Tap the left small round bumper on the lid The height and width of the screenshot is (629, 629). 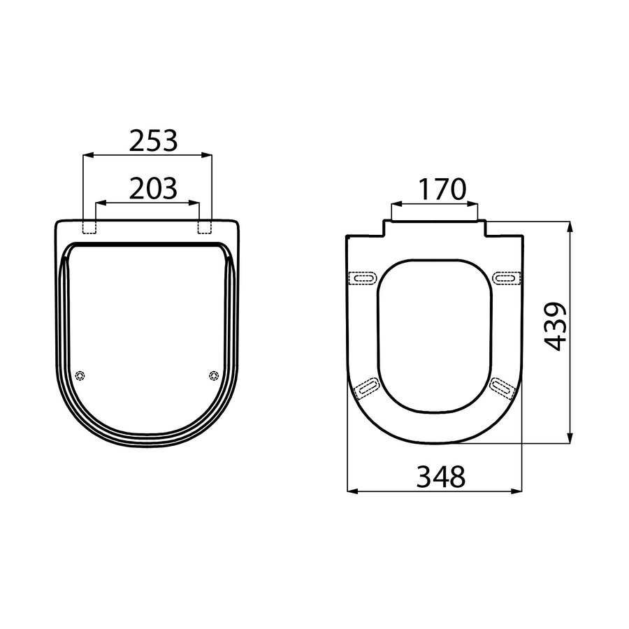(x=81, y=376)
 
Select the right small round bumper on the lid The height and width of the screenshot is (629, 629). (x=214, y=376)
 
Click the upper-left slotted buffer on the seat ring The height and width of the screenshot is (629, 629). (x=364, y=278)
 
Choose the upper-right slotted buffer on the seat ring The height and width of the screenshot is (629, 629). (x=505, y=278)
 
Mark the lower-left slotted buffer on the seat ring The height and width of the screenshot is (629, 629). (x=368, y=386)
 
